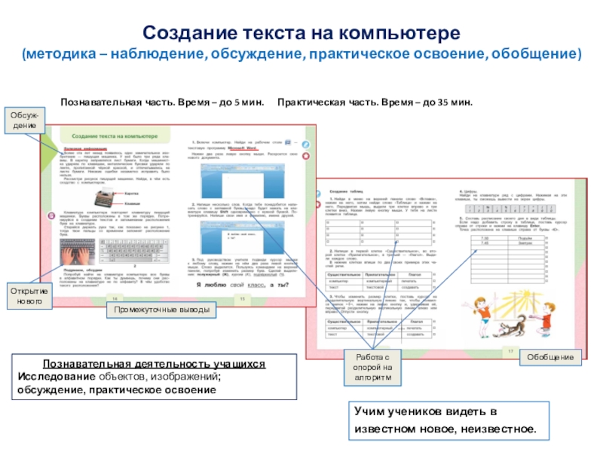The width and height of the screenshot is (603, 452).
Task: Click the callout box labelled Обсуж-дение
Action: tap(27, 121)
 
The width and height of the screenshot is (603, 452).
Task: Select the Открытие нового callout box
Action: tap(31, 296)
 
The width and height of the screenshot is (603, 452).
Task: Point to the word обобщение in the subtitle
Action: tap(536, 55)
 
